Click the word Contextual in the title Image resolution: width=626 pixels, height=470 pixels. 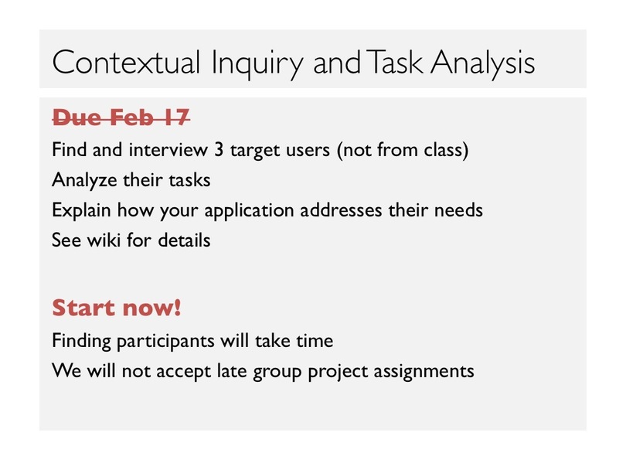tap(126, 63)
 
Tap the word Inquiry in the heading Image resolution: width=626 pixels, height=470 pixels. tap(257, 65)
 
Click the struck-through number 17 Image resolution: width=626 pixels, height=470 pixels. tap(175, 117)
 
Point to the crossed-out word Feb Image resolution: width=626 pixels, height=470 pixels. tap(132, 117)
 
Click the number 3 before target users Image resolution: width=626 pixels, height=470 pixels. tap(219, 150)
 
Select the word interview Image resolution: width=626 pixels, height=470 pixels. tap(168, 150)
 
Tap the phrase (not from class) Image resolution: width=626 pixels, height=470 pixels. tap(403, 150)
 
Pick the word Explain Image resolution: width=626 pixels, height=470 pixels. tap(81, 210)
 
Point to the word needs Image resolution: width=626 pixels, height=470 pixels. tap(458, 210)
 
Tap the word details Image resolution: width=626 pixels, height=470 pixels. tap(184, 240)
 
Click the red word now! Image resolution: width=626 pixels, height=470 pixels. tap(151, 308)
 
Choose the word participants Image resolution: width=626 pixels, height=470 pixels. tap(166, 342)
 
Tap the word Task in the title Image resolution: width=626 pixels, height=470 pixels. tap(394, 63)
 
